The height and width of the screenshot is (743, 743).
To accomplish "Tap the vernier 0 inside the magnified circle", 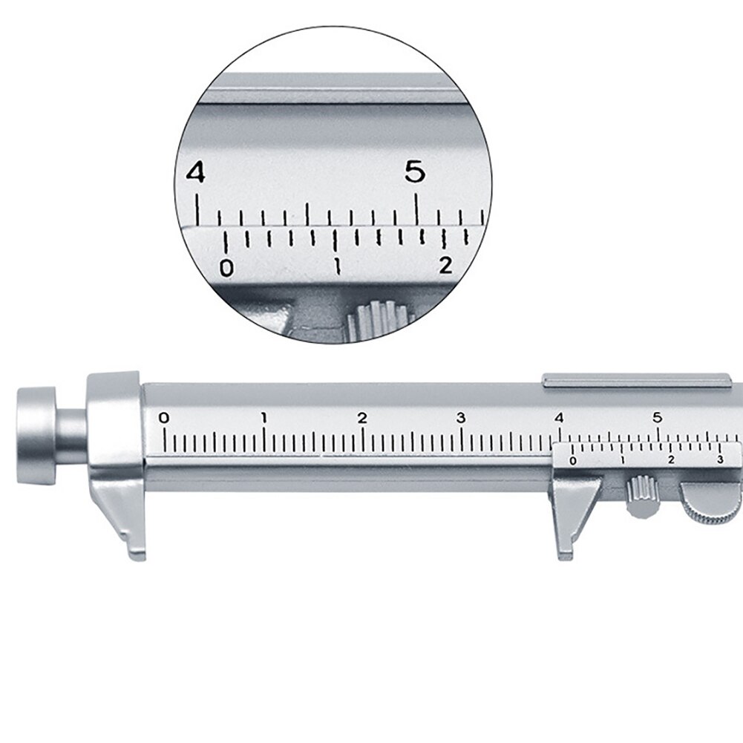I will pyautogui.click(x=227, y=267).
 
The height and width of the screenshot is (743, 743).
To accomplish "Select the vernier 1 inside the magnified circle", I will pyautogui.click(x=338, y=266).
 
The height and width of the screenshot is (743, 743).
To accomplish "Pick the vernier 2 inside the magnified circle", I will pyautogui.click(x=445, y=265).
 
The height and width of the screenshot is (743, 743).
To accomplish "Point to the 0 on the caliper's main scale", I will pyautogui.click(x=164, y=418).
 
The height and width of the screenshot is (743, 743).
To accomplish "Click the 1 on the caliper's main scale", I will pyautogui.click(x=264, y=418).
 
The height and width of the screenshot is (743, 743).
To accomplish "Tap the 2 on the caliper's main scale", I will pyautogui.click(x=362, y=418).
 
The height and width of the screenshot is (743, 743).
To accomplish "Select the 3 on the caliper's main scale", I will pyautogui.click(x=461, y=418).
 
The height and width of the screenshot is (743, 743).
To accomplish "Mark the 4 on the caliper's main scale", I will pyautogui.click(x=559, y=418).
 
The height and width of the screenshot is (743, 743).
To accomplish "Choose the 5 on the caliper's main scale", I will pyautogui.click(x=658, y=418).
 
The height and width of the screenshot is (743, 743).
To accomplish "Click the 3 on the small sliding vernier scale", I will pyautogui.click(x=719, y=461).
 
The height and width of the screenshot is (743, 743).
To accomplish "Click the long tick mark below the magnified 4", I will pyautogui.click(x=197, y=207).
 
